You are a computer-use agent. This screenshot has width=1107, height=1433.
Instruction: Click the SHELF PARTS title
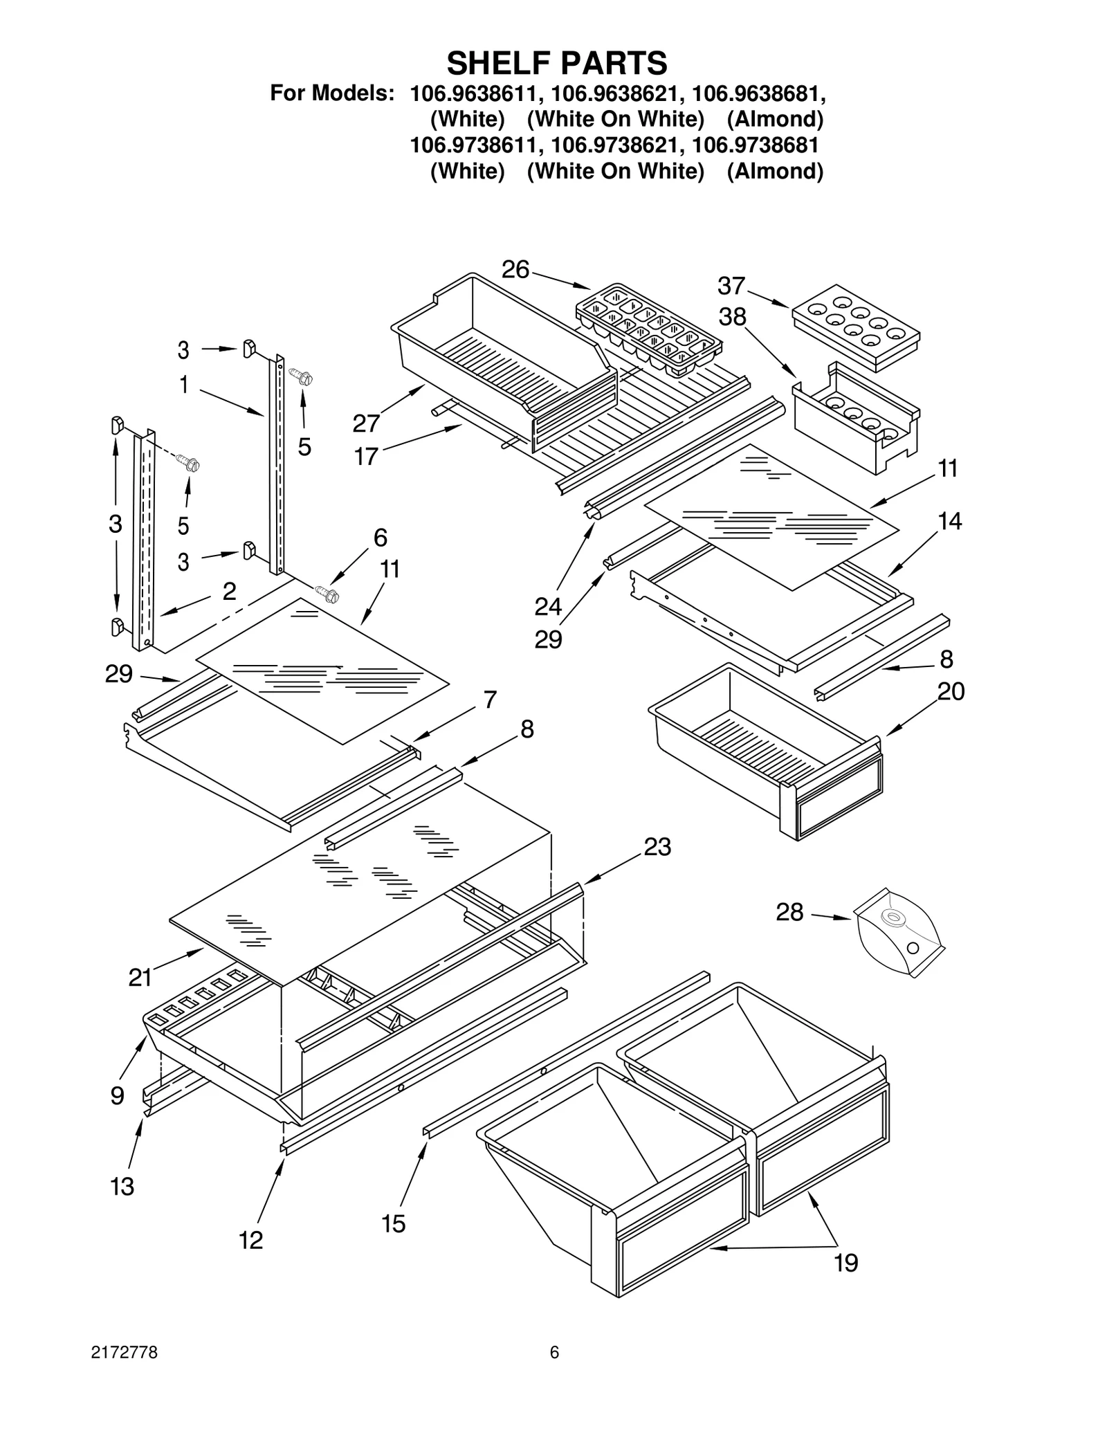pos(556,63)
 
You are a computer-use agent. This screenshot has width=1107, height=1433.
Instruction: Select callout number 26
pos(515,269)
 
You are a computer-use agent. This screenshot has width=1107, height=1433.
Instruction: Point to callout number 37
pos(731,285)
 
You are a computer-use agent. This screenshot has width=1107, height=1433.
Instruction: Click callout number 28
pos(789,912)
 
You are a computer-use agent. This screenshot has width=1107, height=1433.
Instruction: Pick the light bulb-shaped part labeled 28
pos(899,931)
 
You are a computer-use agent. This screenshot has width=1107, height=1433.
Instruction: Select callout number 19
pos(845,1263)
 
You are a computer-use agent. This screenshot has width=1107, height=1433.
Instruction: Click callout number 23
pos(657,846)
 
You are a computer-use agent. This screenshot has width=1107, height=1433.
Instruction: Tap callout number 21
pos(140,977)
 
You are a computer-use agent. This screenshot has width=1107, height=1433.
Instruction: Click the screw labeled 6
pos(326,592)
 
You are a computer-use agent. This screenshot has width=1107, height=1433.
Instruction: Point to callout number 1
pos(184,385)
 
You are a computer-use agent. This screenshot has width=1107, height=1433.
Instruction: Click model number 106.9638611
pos(475,93)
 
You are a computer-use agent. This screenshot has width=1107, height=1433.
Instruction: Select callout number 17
pos(366,456)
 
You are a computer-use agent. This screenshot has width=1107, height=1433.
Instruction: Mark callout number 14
pos(950,520)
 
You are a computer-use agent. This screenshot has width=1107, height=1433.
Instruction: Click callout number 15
pos(393,1223)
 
